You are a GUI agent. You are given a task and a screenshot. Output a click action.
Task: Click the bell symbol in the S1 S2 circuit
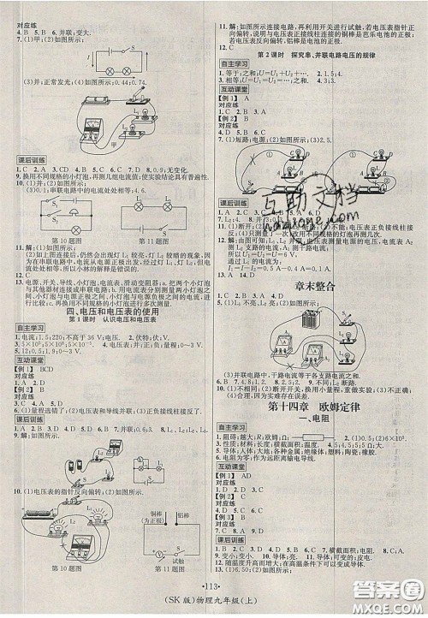[44, 203]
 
